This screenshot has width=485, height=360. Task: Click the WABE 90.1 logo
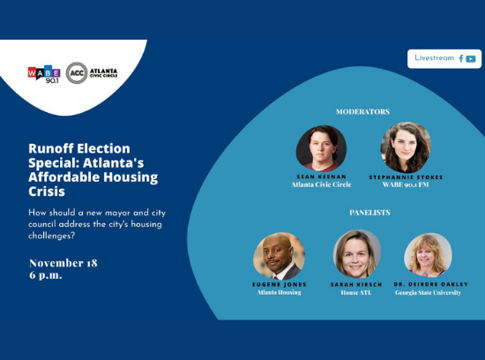[x=44, y=74]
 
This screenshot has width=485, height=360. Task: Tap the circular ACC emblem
[x=77, y=73]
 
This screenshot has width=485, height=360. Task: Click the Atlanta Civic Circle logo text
[x=104, y=73]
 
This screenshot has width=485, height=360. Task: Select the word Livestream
[x=434, y=58]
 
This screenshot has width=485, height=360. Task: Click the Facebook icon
[x=461, y=58]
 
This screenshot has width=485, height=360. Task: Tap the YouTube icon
[x=471, y=59]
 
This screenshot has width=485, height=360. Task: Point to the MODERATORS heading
[x=362, y=112]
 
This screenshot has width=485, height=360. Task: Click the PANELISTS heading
[x=369, y=213]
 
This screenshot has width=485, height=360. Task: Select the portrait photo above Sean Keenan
[x=321, y=148]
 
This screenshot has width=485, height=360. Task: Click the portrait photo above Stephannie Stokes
[x=406, y=147]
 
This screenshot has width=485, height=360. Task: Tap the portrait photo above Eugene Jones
[x=279, y=256]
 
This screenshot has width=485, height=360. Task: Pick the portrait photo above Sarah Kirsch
[x=357, y=254]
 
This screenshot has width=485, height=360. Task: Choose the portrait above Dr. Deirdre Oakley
[x=428, y=255]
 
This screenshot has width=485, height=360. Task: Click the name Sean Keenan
[x=321, y=176]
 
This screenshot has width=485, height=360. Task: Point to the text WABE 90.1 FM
[x=406, y=184]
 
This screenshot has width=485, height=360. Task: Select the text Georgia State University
[x=428, y=293]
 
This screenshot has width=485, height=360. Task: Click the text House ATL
[x=356, y=293]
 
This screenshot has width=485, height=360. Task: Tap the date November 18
[x=63, y=263]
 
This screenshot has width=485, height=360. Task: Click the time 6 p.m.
[x=46, y=275]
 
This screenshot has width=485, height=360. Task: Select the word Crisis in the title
[x=47, y=191]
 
